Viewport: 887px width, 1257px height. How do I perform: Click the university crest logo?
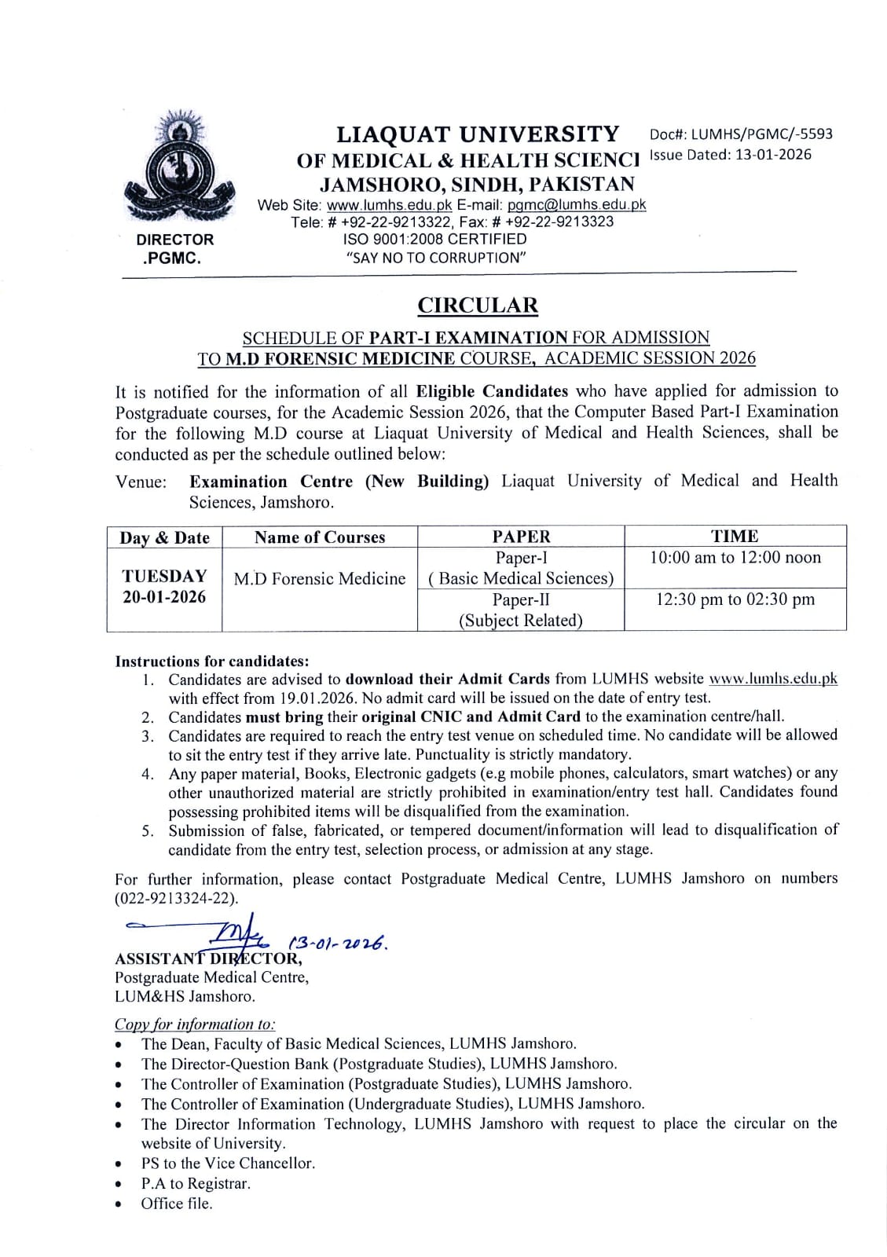(x=181, y=169)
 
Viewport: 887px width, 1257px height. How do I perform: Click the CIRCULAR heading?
(x=477, y=305)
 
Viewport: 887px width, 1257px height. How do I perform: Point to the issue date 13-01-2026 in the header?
(x=772, y=155)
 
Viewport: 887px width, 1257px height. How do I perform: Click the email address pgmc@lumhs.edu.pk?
(x=576, y=204)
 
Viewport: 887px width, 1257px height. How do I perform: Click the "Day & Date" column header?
(x=164, y=538)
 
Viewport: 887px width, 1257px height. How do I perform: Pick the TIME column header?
(x=735, y=537)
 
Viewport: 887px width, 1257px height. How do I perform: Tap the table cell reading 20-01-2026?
(x=164, y=597)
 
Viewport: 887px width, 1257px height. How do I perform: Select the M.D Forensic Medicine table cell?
(x=320, y=579)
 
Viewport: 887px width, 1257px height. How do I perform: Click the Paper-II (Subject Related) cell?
(x=520, y=610)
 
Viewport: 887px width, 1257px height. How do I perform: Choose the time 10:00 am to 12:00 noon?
(x=735, y=558)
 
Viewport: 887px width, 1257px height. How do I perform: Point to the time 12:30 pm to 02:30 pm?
(x=735, y=599)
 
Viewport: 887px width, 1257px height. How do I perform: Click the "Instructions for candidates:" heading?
(x=212, y=661)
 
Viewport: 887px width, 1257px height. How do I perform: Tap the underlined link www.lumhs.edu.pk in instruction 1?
(x=772, y=679)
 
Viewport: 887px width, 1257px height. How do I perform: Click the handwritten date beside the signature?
(x=339, y=942)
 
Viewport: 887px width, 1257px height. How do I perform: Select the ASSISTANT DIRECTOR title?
(x=207, y=958)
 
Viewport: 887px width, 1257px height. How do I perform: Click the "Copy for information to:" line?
(x=195, y=1024)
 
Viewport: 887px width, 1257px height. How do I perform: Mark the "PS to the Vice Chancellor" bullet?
(x=228, y=1164)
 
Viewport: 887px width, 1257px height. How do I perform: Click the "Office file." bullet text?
(x=177, y=1204)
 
